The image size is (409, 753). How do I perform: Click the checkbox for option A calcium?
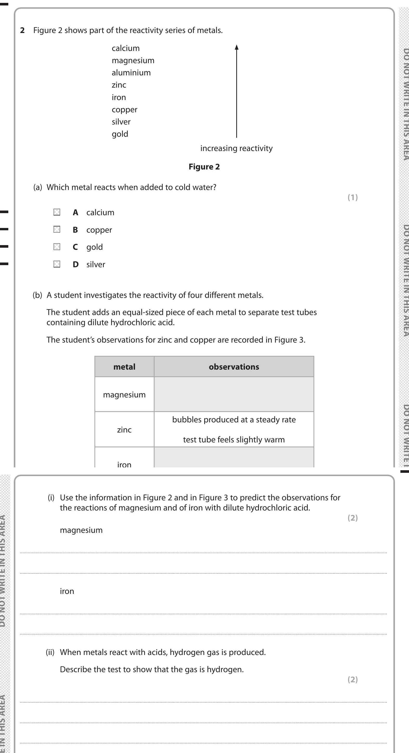[57, 212]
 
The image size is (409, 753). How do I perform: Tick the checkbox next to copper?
[57, 230]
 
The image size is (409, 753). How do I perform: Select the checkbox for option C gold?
[57, 247]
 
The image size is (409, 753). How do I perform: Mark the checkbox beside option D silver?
[57, 264]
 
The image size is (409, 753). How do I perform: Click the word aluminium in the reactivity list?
[131, 73]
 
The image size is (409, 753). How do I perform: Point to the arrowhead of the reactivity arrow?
[237, 47]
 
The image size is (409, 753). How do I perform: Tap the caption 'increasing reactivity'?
[237, 148]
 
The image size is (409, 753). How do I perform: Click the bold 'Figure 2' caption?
[204, 167]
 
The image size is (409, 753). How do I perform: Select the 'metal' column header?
[124, 367]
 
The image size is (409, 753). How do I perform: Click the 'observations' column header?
[234, 367]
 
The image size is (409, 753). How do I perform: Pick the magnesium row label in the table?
[124, 395]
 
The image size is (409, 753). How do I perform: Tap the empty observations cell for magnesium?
[234, 394]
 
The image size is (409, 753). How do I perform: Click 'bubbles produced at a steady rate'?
[234, 420]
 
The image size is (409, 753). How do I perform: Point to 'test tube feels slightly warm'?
[234, 440]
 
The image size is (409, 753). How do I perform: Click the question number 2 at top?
[22, 30]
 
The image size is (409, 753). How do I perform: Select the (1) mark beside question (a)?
[353, 198]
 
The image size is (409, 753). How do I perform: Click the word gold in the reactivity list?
[120, 134]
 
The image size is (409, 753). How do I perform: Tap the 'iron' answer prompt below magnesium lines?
[67, 591]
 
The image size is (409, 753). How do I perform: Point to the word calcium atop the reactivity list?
[125, 48]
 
